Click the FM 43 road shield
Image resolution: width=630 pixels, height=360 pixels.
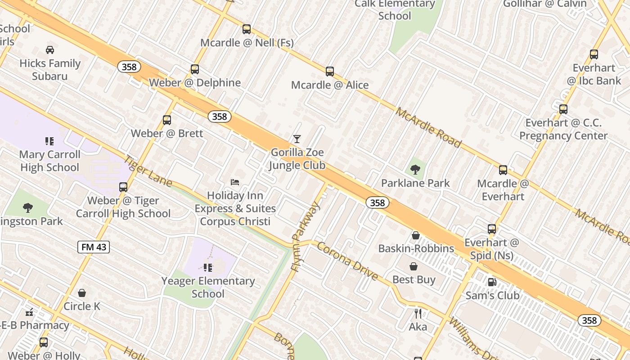94,247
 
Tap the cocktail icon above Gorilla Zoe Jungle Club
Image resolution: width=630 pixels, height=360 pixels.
297,139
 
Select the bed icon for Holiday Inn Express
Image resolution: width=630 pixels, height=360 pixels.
235,182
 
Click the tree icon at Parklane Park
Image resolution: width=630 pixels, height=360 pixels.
415,170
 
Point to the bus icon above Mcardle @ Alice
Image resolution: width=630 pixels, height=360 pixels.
330,72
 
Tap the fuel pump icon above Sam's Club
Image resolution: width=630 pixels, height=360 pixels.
492,282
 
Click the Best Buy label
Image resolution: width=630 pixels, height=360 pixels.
414,279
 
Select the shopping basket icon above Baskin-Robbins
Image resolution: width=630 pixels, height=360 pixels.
416,235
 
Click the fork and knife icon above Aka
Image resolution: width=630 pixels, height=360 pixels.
418,313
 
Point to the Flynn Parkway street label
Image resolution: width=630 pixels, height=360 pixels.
306,236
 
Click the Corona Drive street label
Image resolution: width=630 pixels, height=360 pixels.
347,261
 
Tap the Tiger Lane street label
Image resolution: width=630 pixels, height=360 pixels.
148,171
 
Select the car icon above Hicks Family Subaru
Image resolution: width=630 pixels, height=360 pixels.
50,50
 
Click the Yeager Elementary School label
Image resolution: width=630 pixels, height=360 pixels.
208,287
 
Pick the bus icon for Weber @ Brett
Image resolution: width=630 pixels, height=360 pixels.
167,120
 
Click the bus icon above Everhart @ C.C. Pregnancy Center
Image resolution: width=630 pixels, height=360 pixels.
563,109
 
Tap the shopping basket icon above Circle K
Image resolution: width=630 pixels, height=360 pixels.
82,293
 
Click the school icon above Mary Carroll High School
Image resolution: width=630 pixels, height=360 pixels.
49,141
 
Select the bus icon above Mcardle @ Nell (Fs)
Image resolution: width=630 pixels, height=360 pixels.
247,29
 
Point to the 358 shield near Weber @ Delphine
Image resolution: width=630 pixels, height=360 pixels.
129,67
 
